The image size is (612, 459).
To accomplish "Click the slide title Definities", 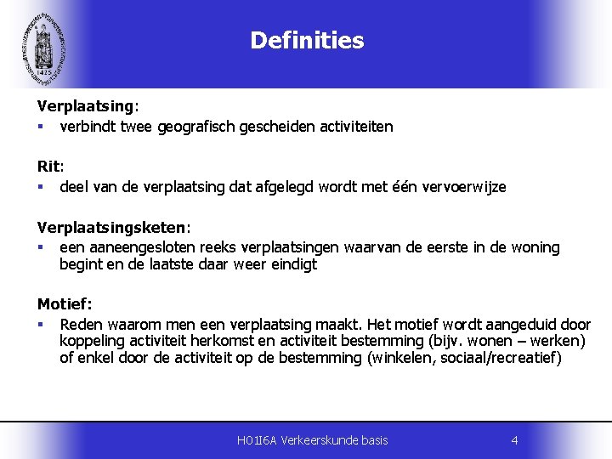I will [307, 41].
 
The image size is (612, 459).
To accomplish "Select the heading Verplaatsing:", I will [88, 106].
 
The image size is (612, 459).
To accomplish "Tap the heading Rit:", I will [50, 167].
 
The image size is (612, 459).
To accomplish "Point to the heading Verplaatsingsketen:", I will [114, 228].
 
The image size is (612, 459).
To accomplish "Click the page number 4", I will [514, 439].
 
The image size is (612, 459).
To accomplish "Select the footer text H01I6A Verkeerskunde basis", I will [313, 439].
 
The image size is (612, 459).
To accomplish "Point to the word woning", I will [533, 247].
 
